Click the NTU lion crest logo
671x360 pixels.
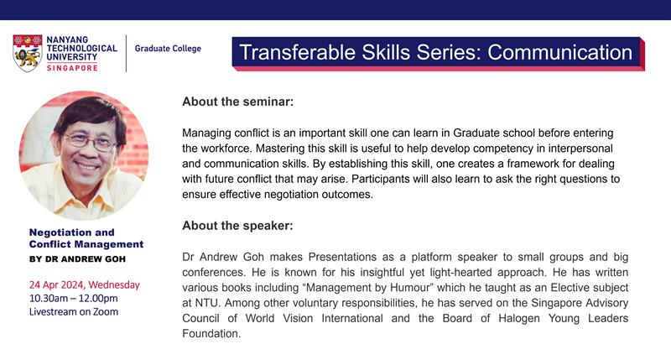[28, 53]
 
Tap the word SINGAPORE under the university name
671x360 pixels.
[72, 68]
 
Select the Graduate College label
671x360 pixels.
[168, 49]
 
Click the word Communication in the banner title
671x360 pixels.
[559, 52]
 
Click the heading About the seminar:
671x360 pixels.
[238, 102]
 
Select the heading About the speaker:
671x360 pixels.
[237, 226]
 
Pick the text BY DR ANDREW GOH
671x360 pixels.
[77, 259]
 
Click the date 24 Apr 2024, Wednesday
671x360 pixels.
[85, 284]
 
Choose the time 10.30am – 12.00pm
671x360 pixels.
[73, 298]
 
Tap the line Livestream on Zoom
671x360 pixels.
[74, 311]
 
